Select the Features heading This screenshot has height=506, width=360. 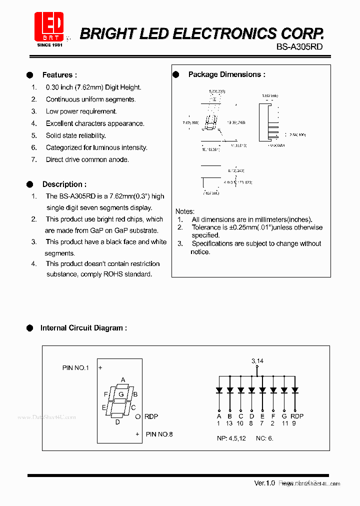tap(59, 75)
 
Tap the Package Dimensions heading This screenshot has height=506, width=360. tap(226, 74)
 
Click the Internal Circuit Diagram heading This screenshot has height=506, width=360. tap(83, 328)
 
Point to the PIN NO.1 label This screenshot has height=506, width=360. tap(75, 367)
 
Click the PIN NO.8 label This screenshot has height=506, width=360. tap(159, 434)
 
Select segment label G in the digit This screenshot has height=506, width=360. tap(120, 394)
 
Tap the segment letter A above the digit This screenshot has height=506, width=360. tap(123, 379)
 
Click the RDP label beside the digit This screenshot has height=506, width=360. tap(151, 416)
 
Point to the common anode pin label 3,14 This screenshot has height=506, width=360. tap(257, 360)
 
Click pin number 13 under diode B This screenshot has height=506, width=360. tap(229, 423)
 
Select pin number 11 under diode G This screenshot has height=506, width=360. tap(284, 423)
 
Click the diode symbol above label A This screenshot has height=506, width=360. tap(219, 390)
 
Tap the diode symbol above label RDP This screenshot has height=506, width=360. tap(295, 390)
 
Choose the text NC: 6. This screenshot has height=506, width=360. tap(264, 438)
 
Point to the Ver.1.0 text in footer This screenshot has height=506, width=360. tap(264, 483)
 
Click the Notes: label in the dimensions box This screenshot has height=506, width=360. tap(184, 211)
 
